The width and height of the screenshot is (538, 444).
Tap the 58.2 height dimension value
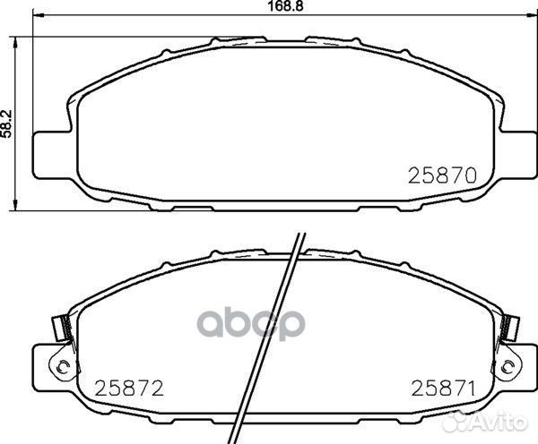click(x=7, y=121)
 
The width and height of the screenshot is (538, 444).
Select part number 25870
click(x=441, y=175)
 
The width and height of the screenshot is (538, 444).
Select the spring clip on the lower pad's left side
click(x=62, y=328)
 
